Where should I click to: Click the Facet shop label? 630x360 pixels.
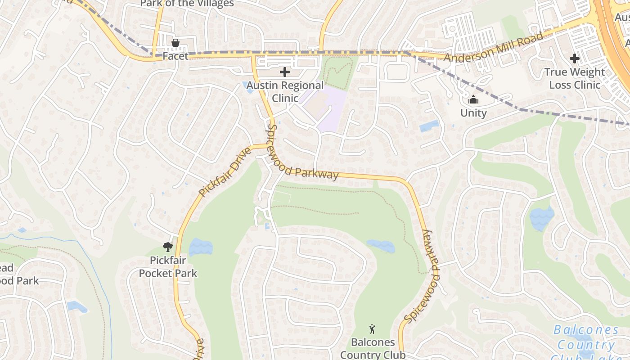pyautogui.click(x=175, y=56)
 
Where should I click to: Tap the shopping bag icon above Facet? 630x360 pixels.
pyautogui.click(x=175, y=43)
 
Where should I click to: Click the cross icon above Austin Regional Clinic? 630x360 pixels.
pyautogui.click(x=285, y=72)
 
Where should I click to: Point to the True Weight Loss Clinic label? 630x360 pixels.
pyautogui.click(x=575, y=78)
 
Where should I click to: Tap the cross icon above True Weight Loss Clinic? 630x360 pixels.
pyautogui.click(x=575, y=58)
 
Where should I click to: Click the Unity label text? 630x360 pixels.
pyautogui.click(x=473, y=113)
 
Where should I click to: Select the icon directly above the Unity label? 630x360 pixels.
pyautogui.click(x=473, y=99)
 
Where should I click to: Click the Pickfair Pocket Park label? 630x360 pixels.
pyautogui.click(x=168, y=266)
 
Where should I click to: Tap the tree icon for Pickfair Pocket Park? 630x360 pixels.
pyautogui.click(x=168, y=247)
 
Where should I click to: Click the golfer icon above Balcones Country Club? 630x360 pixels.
pyautogui.click(x=373, y=329)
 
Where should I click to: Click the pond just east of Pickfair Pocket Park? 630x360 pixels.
pyautogui.click(x=201, y=247)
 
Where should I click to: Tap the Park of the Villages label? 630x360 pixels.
pyautogui.click(x=187, y=4)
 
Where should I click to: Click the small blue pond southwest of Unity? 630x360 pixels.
pyautogui.click(x=429, y=126)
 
